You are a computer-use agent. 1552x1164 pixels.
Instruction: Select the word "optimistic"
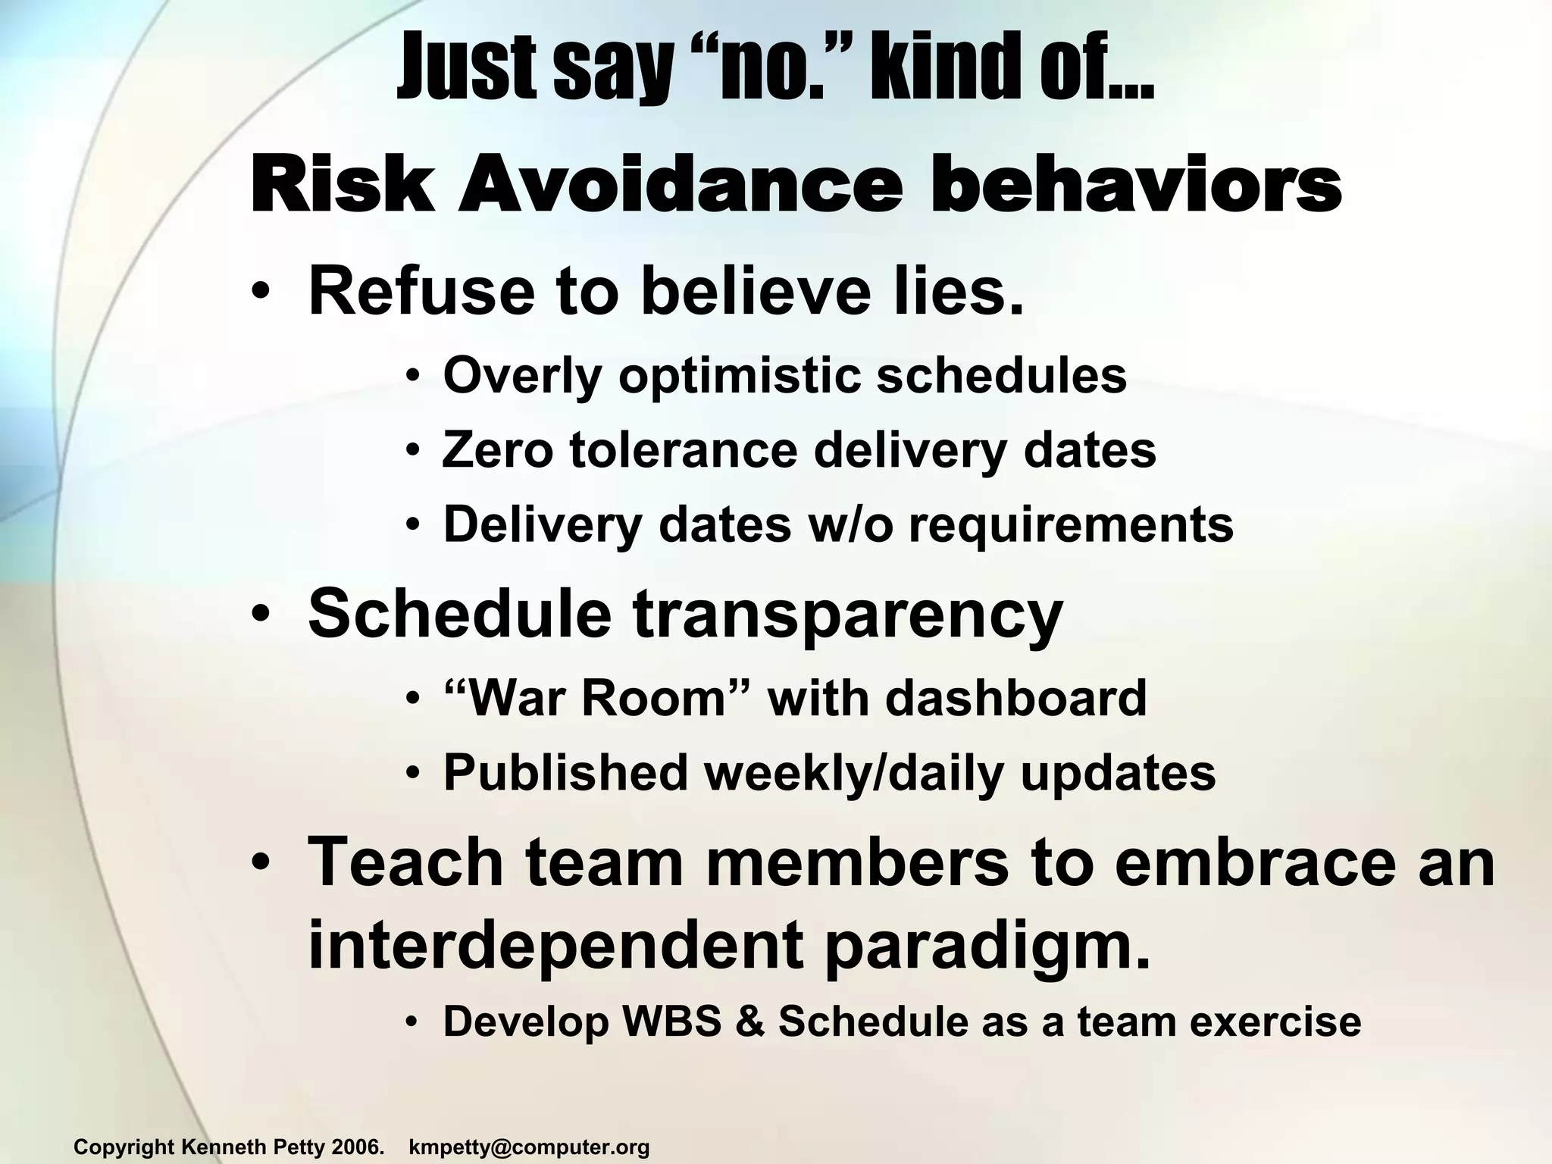pos(739,376)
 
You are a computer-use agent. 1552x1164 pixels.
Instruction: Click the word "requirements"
pos(1071,526)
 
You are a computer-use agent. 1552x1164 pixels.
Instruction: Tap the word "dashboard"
pos(1015,698)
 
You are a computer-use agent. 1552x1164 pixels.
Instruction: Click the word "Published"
pos(565,773)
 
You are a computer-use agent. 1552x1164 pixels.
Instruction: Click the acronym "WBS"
pos(671,1021)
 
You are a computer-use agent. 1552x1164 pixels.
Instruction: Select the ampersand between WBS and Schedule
pos(749,1021)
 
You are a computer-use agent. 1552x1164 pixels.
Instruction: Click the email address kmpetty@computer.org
pos(529,1147)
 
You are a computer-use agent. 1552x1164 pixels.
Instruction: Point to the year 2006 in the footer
pos(358,1147)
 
